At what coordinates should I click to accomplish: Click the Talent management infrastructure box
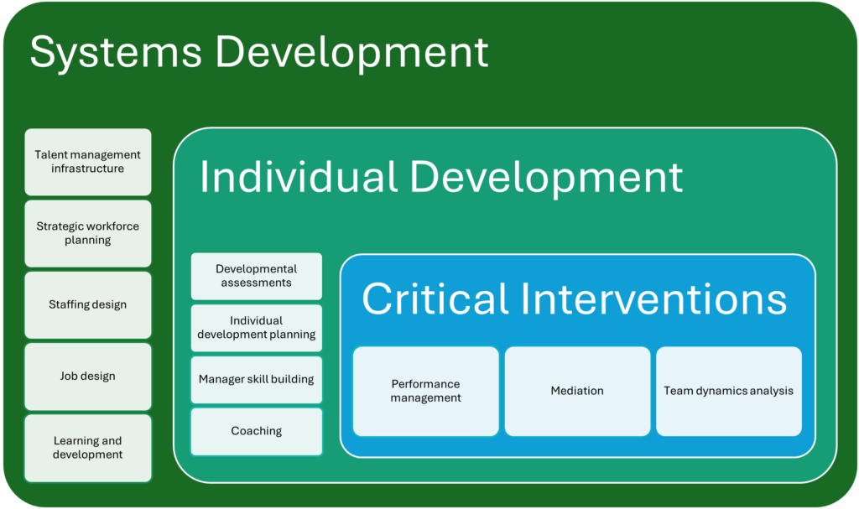tap(87, 162)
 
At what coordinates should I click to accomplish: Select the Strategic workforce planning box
tap(87, 233)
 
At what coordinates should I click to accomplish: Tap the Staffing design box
tap(87, 304)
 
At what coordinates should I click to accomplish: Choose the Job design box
tap(87, 377)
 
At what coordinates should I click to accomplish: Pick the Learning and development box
tap(87, 448)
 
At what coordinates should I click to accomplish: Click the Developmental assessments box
tap(257, 276)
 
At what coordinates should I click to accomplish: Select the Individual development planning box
tap(257, 328)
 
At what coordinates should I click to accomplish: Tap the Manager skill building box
tap(257, 379)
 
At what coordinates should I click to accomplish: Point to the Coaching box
tap(257, 431)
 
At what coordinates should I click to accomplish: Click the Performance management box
tap(425, 392)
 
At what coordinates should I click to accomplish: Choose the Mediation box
tap(577, 392)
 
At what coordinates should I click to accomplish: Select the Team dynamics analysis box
tap(729, 392)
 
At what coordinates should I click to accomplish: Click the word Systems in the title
tap(116, 52)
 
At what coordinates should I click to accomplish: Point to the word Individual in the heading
tap(298, 177)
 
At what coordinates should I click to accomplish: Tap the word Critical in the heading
tap(435, 299)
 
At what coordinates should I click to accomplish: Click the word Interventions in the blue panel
tap(653, 299)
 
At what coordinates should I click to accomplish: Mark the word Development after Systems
tap(351, 54)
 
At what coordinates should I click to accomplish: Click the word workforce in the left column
tap(112, 226)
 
